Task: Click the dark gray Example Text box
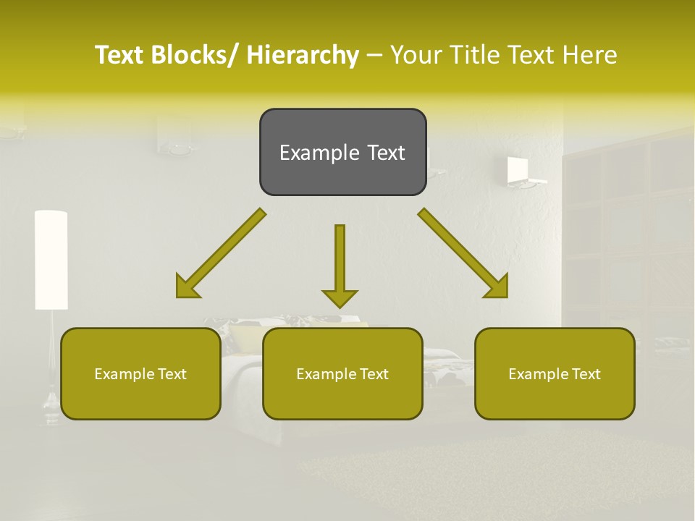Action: coord(342,152)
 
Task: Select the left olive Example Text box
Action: coord(140,373)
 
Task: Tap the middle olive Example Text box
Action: coord(342,373)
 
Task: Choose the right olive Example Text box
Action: coord(555,373)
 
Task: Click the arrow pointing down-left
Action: coord(221,254)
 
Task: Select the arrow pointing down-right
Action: coord(463,254)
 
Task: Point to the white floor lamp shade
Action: coord(51,259)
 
